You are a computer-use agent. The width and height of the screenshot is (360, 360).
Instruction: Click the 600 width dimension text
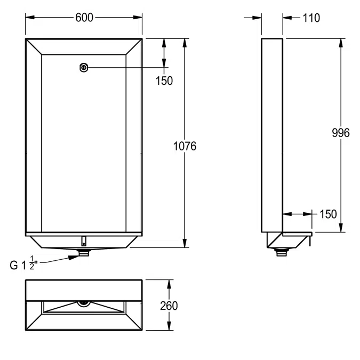[x=84, y=18]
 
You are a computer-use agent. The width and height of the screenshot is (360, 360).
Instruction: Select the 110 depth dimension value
[x=311, y=18]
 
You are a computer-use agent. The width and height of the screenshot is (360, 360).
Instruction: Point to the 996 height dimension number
[x=340, y=133]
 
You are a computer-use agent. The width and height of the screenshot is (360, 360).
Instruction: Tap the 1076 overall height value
[x=185, y=146]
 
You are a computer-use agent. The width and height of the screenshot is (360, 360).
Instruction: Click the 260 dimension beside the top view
[x=169, y=306]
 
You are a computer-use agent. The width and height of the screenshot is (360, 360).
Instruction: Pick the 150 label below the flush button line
[x=164, y=81]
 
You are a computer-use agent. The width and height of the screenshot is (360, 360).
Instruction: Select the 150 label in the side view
[x=327, y=214]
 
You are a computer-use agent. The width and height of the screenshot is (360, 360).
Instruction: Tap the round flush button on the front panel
[x=84, y=68]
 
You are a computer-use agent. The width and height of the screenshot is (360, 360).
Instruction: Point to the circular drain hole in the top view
[x=83, y=302]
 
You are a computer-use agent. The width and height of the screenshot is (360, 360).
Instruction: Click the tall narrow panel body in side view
[x=271, y=133]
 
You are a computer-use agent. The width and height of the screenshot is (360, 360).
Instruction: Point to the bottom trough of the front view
[x=84, y=242]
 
